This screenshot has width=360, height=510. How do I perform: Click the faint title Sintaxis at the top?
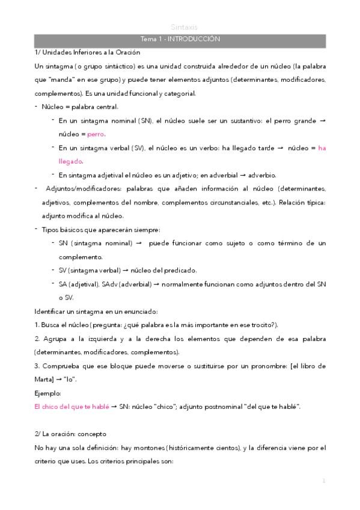pos(180,27)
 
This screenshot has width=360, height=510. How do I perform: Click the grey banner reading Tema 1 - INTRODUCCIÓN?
pos(180,38)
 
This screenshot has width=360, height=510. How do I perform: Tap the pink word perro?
pos(96,134)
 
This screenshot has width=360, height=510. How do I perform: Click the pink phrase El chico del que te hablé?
pos(72,407)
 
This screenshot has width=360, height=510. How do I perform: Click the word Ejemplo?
pos(49,393)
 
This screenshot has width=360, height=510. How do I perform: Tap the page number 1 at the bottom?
pos(323,481)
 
